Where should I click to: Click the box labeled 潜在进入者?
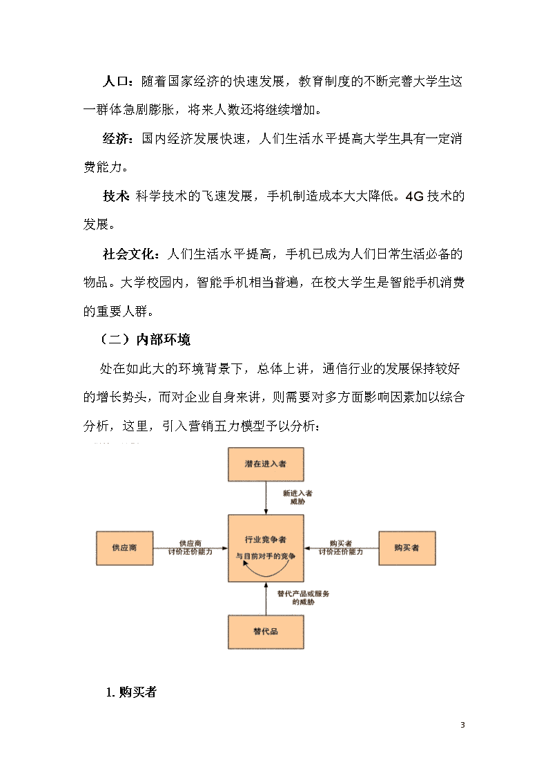266,464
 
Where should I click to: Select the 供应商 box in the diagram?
124,548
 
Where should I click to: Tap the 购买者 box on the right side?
407,548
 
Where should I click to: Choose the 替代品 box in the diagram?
266,632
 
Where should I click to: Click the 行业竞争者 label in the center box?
265,540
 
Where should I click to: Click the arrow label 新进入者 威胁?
297,498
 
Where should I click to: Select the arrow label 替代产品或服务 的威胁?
303,598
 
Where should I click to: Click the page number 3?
462,725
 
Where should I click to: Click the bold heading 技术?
116,196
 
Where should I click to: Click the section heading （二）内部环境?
145,339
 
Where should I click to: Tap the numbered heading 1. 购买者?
131,692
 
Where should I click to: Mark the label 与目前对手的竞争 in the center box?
266,556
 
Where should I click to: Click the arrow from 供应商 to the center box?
190,548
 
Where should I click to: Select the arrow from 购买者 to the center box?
342,548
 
